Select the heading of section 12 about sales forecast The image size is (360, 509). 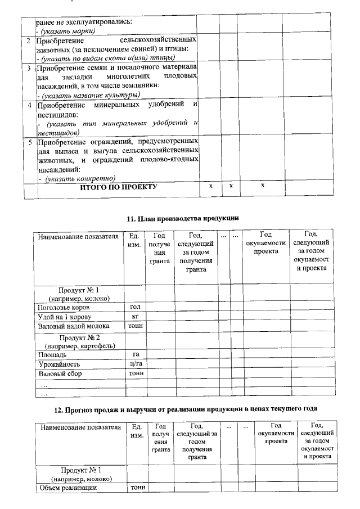click(185, 408)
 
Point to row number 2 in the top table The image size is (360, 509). click(28, 41)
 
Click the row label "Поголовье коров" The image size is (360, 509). click(63, 308)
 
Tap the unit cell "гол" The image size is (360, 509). click(134, 307)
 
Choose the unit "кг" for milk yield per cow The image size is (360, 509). click(134, 317)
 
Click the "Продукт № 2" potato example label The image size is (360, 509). click(79, 340)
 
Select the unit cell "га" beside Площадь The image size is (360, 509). click(135, 355)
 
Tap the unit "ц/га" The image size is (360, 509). click(135, 364)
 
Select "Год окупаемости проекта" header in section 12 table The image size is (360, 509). click(276, 434)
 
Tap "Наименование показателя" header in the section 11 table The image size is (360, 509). click(78, 236)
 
